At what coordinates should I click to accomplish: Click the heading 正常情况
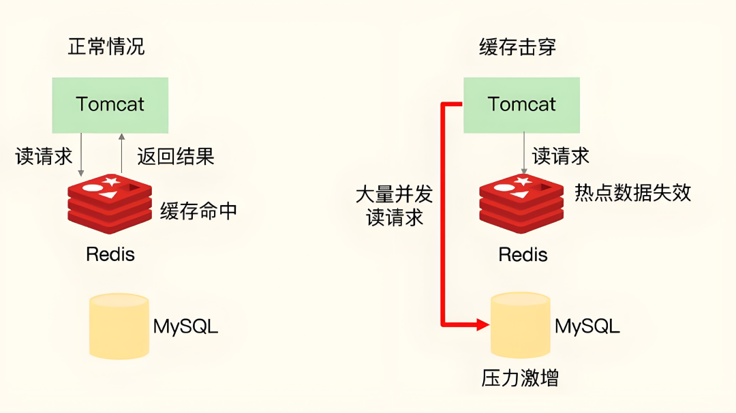(106, 47)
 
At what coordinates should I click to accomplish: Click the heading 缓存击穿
(517, 47)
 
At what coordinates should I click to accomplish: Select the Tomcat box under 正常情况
(110, 105)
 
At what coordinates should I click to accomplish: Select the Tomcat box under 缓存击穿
(521, 105)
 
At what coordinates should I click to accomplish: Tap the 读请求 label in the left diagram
(44, 157)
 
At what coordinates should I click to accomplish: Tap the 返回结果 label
(176, 157)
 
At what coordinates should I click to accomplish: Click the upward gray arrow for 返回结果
(121, 154)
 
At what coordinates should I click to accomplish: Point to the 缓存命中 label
(198, 211)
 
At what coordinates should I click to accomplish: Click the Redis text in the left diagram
(110, 255)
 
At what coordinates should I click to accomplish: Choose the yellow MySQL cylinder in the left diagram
(119, 325)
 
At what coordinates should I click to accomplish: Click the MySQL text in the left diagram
(185, 326)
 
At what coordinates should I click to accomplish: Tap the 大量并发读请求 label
(395, 206)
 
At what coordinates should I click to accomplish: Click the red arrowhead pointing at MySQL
(483, 324)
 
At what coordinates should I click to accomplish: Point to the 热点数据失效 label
(633, 193)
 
